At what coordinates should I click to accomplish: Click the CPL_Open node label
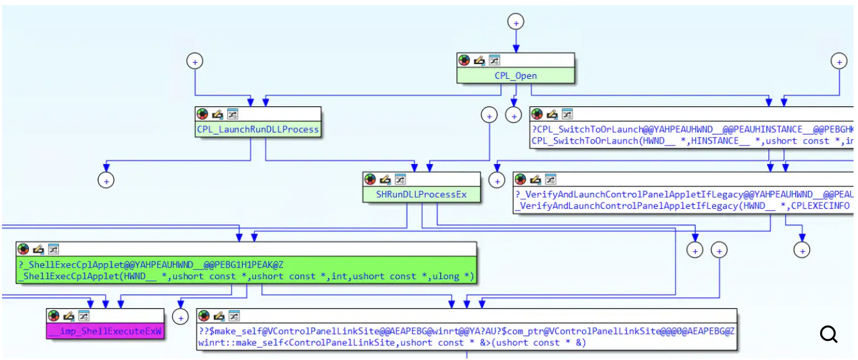coord(515,76)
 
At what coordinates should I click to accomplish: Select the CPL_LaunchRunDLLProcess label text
coord(257,129)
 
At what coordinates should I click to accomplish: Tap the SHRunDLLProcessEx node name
coord(421,194)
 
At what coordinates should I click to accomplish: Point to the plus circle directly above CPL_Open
coord(515,22)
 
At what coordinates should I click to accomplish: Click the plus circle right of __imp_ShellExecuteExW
coord(181,317)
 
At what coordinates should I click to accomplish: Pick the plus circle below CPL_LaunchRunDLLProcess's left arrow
coord(106,181)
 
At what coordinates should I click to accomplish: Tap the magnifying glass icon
coord(829,334)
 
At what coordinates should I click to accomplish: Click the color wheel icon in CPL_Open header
coord(464,60)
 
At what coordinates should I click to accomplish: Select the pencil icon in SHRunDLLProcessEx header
coord(385,179)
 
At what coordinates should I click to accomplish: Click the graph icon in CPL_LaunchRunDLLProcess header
coord(233,114)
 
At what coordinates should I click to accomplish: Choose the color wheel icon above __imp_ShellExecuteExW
coord(53,316)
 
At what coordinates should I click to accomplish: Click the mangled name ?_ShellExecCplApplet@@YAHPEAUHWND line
coord(151,264)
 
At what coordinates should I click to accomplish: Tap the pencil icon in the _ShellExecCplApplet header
coord(38,249)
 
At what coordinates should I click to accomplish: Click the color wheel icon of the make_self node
coord(204,316)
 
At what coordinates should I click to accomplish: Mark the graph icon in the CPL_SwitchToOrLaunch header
coord(567,114)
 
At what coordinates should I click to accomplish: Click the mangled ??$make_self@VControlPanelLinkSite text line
coord(467,331)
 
